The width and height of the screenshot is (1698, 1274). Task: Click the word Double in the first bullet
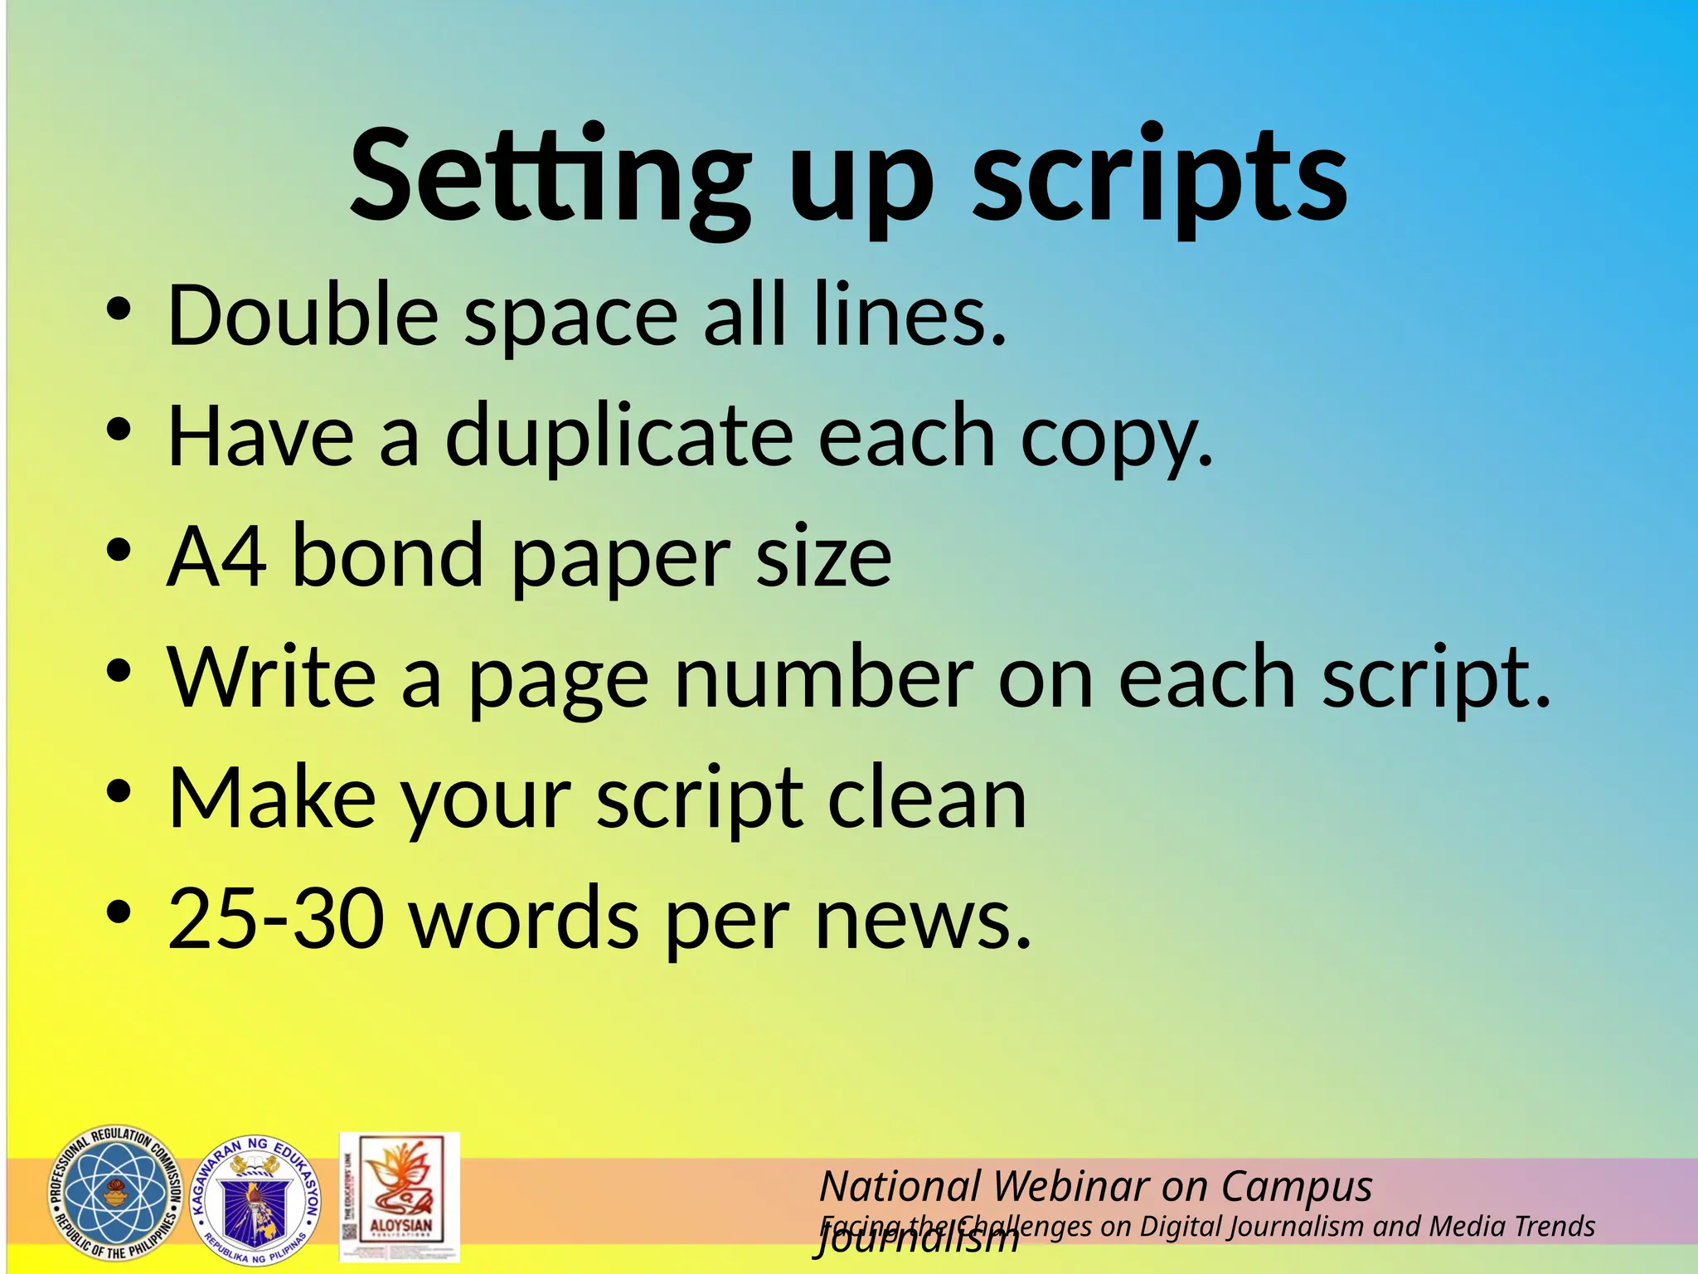click(303, 315)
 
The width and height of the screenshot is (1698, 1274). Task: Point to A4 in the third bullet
click(216, 556)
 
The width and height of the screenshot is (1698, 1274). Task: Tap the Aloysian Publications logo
click(400, 1197)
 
